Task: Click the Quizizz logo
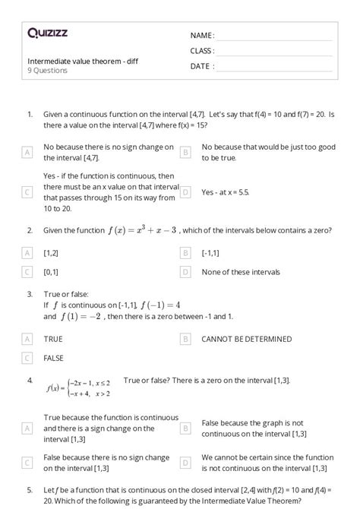[x=47, y=33]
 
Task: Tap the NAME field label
[x=202, y=35]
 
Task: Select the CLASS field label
[x=202, y=50]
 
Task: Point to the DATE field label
[x=202, y=66]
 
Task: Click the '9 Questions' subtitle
[x=47, y=71]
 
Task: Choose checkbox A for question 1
[x=27, y=153]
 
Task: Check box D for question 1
[x=185, y=193]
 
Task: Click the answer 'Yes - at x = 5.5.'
[x=225, y=193]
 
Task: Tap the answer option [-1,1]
[x=210, y=251]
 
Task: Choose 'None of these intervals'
[x=241, y=271]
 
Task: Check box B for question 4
[x=185, y=428]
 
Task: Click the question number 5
[x=30, y=490]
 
